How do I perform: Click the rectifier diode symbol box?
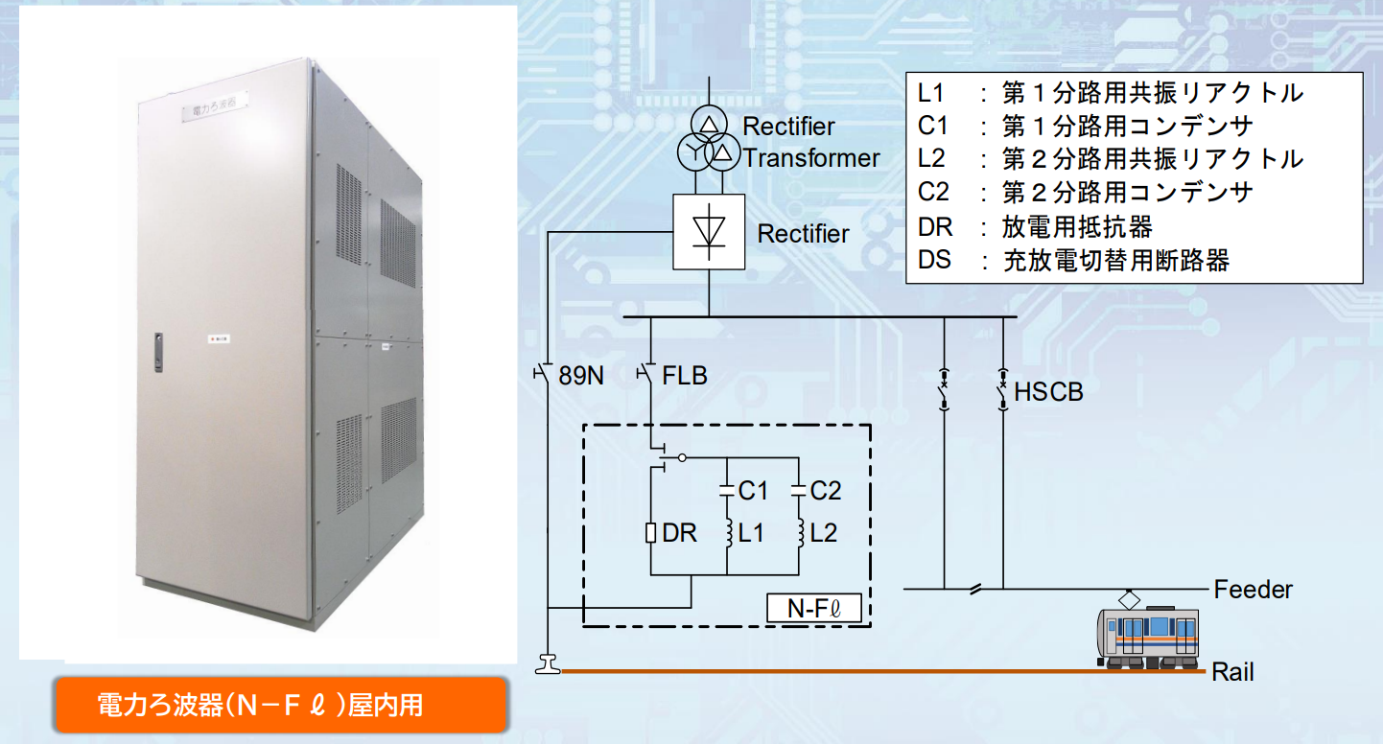click(x=709, y=232)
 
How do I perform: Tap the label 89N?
click(x=581, y=376)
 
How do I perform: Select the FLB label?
click(x=685, y=376)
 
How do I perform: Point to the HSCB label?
click(x=1048, y=391)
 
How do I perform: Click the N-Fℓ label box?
click(x=813, y=608)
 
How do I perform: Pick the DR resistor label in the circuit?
click(x=680, y=534)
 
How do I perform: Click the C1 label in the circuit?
click(x=753, y=491)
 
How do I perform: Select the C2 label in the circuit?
click(x=825, y=491)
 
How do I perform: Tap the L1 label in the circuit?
click(x=752, y=534)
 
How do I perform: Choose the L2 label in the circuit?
click(x=824, y=534)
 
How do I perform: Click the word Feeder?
click(x=1253, y=590)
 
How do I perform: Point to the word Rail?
click(x=1232, y=671)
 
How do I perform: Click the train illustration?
click(x=1147, y=634)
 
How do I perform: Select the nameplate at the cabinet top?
click(x=215, y=106)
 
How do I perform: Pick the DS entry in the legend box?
click(x=1073, y=260)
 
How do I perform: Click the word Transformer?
click(x=811, y=158)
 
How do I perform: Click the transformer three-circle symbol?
click(x=709, y=142)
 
